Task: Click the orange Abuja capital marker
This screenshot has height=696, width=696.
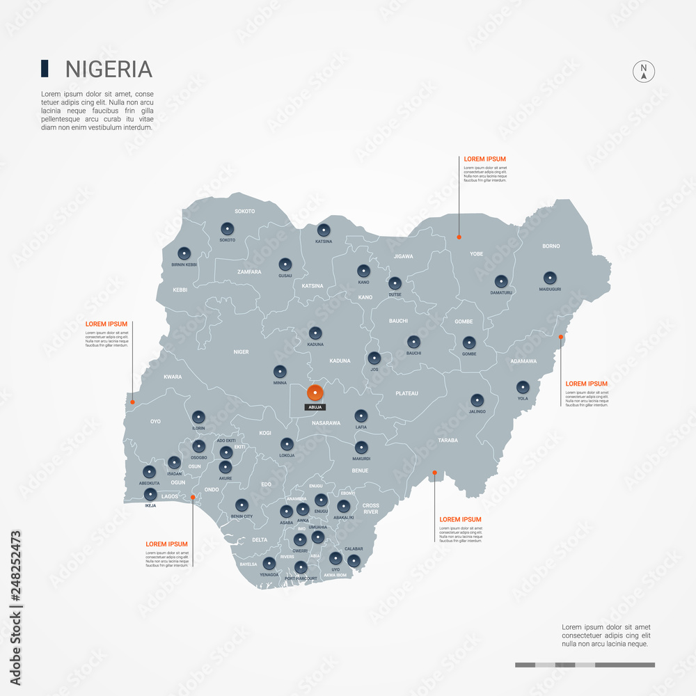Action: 315,393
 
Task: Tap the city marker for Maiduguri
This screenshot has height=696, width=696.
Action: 550,277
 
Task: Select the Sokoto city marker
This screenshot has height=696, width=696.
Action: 227,228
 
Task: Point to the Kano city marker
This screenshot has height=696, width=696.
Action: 363,271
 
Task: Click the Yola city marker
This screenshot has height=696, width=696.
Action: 523,387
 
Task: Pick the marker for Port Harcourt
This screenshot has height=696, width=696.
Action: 301,567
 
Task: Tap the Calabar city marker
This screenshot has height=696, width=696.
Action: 354,560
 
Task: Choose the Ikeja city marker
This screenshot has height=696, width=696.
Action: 150,495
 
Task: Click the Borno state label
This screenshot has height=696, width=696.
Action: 551,246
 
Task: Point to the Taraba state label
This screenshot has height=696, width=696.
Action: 448,441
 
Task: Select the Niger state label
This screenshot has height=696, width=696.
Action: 241,351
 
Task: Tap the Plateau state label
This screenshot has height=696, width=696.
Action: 406,393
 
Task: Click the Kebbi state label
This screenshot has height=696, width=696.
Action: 180,290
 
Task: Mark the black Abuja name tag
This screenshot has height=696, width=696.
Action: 315,407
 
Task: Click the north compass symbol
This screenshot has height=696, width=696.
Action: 644,71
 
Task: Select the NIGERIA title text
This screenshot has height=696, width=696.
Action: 109,69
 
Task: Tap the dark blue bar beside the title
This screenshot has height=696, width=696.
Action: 45,68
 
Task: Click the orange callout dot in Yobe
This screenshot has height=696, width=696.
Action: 459,237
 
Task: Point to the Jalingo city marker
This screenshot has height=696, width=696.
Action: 477,400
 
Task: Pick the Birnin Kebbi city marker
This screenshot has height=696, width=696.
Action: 184,254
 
